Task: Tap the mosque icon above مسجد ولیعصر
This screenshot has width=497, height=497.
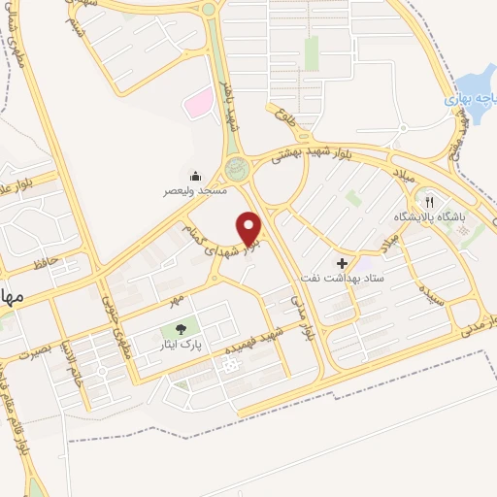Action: (196, 176)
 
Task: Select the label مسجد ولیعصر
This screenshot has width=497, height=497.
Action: (194, 192)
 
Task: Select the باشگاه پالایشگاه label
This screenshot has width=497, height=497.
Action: (429, 216)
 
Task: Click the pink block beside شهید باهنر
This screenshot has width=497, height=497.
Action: (198, 100)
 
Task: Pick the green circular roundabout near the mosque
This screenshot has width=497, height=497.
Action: (236, 170)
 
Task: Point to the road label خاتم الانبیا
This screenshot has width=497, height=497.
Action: (71, 358)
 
